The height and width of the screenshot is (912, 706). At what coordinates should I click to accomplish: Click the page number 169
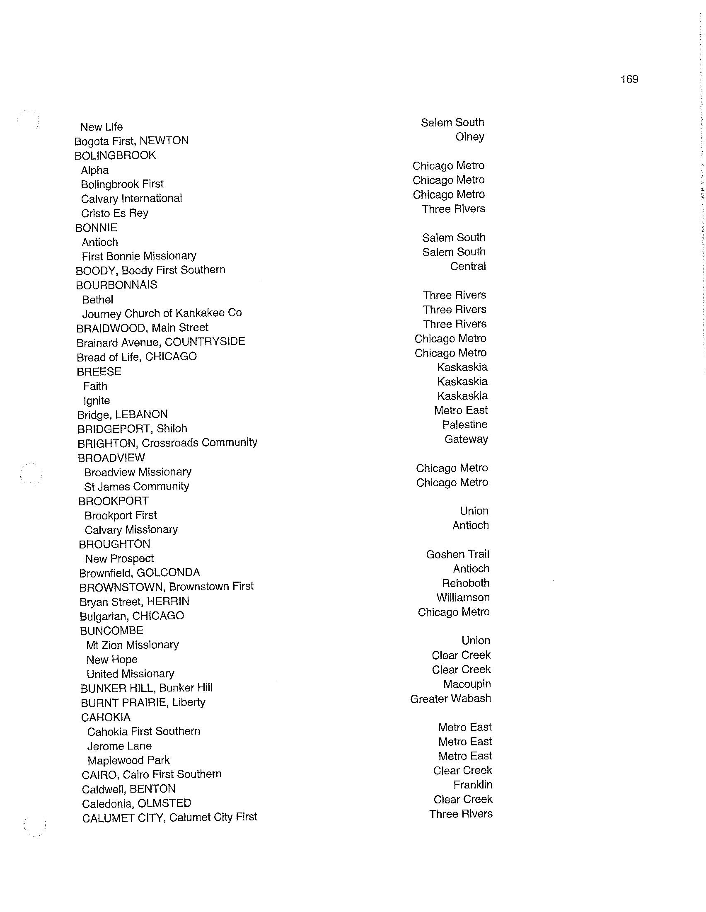coord(629,79)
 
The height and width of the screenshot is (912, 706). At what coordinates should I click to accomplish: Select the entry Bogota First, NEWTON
coord(131,141)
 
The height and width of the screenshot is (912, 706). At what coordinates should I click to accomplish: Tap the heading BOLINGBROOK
coord(115,155)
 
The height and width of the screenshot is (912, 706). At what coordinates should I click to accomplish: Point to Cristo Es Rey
coord(115,213)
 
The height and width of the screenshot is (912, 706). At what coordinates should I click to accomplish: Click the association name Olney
coord(469,137)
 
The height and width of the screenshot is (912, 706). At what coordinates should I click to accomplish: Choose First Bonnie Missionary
coord(139,256)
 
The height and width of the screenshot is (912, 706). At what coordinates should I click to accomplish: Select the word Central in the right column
coord(468,267)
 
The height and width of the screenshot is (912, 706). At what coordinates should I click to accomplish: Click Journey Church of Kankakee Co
coord(162,313)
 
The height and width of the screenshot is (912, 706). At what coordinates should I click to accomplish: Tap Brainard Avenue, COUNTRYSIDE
coord(161,342)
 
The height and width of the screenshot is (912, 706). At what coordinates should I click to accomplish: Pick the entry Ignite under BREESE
coord(97,401)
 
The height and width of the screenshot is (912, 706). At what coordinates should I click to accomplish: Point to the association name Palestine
coord(465,424)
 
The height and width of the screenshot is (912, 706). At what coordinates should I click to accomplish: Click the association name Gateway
coord(466,439)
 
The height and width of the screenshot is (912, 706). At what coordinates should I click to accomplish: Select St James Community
coord(137,487)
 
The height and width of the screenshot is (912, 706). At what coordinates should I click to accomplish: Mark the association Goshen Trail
coord(457,555)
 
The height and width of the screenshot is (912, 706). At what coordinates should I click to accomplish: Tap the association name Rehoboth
coord(466,583)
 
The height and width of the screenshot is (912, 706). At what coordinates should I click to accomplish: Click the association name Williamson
coord(463,597)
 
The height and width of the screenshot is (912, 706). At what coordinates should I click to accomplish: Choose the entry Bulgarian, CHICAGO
coord(132,616)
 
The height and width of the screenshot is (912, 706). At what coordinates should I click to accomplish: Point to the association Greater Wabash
coord(451,699)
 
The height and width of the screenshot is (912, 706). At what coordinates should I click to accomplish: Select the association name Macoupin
coord(467,684)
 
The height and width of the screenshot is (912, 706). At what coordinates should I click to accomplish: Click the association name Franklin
coord(473,785)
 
